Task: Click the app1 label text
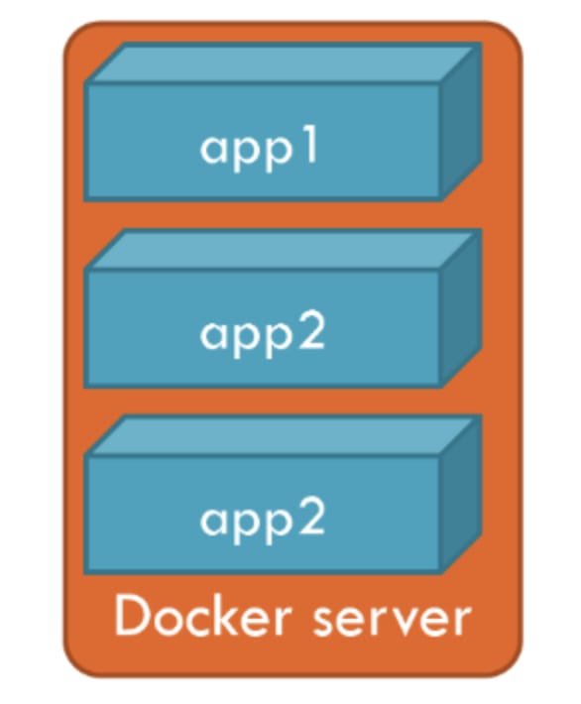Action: point(259,150)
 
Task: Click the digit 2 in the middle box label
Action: point(310,333)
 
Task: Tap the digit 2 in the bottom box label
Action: point(310,519)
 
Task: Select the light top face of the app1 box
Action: point(283,62)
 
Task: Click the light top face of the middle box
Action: point(283,249)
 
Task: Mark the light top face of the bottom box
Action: point(283,434)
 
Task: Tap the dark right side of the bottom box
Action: point(461,494)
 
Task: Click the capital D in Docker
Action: point(133,616)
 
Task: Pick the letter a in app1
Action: point(213,150)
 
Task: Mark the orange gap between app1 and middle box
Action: point(283,214)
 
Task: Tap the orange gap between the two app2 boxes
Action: point(283,401)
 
